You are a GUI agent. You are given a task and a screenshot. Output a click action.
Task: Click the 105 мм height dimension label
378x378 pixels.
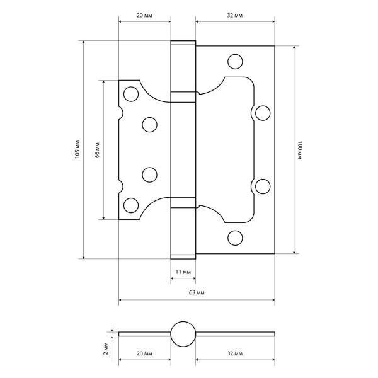pos(77,149)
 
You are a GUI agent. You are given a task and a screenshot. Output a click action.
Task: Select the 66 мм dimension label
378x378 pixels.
pos(97,150)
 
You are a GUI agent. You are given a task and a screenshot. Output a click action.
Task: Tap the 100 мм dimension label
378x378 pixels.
pos(300,150)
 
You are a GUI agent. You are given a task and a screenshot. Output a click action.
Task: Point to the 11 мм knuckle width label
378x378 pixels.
pos(183,272)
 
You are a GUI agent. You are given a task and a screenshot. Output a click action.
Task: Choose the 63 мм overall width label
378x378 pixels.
pos(197,292)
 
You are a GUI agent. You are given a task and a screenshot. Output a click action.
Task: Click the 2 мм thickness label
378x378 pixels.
pos(106,348)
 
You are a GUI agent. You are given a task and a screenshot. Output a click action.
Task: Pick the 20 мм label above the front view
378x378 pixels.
pos(144,15)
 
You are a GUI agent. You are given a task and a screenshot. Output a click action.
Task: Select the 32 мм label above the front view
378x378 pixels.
pos(235,15)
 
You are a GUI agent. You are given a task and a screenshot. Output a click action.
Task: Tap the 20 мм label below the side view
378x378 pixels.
pos(144,353)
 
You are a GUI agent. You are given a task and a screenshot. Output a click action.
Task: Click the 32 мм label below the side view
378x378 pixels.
pos(235,353)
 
